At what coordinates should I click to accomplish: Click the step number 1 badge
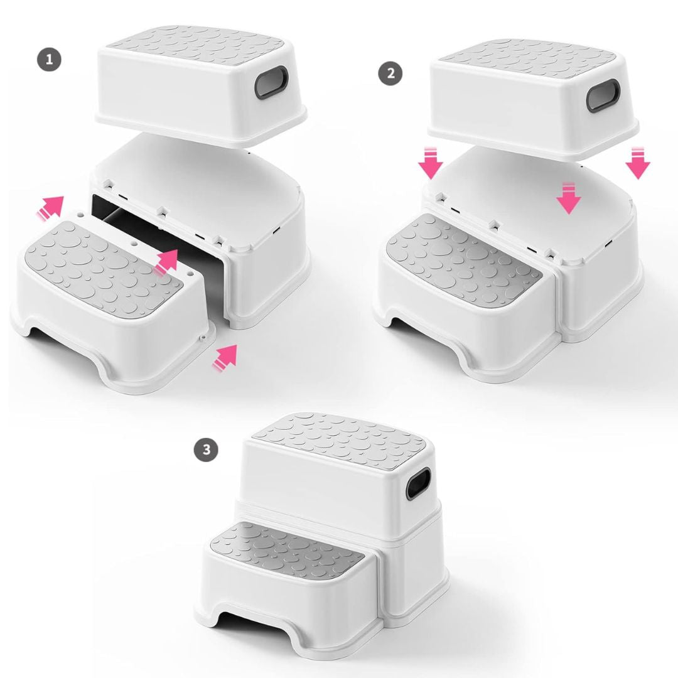pyautogui.click(x=50, y=61)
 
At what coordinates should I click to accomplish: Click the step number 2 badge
pyautogui.click(x=390, y=73)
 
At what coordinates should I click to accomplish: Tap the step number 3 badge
pyautogui.click(x=207, y=449)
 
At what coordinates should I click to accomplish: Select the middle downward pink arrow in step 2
pyautogui.click(x=569, y=198)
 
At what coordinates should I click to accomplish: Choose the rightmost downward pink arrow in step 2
pyautogui.click(x=638, y=163)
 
